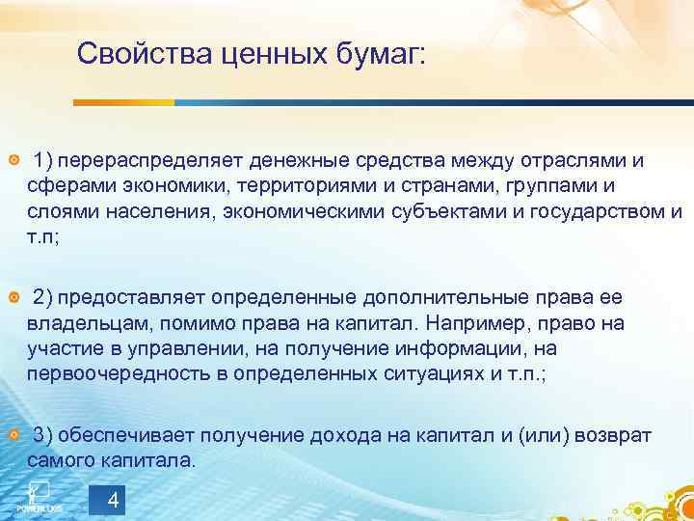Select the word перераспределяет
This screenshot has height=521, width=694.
point(157,158)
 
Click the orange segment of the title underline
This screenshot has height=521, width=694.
point(124,102)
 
